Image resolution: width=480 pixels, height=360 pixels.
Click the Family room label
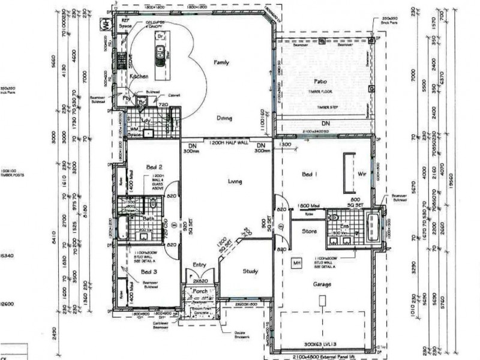(223, 62)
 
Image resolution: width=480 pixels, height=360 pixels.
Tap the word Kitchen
(139, 77)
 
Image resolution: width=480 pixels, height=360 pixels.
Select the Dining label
(224, 118)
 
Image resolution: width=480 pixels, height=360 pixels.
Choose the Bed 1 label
(308, 174)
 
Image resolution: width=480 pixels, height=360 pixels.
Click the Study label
(250, 271)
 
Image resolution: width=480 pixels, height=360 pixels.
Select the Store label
(309, 230)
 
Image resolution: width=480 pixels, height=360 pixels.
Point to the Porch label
(200, 292)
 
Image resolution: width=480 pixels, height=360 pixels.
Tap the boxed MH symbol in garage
(296, 262)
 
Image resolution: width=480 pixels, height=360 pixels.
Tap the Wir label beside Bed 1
(361, 173)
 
